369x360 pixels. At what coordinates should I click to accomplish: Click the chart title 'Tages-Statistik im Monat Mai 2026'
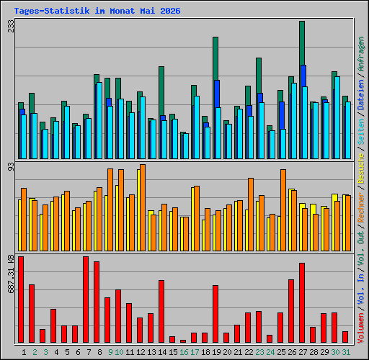[x=97, y=11]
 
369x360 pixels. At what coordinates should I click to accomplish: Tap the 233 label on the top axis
[x=11, y=26]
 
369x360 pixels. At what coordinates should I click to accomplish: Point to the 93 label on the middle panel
[x=11, y=167]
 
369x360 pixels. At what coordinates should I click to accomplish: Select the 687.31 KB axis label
[x=11, y=274]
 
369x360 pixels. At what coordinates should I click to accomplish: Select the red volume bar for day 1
[x=21, y=300]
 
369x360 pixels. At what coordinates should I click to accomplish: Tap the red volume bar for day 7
[x=86, y=300]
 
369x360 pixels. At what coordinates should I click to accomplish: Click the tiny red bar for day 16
[x=183, y=341]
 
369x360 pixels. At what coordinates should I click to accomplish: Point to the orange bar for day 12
[x=143, y=208]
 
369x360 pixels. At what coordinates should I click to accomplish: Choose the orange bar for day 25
[x=283, y=210]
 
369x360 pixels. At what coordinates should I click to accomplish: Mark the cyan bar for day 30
[x=337, y=117]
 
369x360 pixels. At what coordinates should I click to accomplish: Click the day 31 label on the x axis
[x=346, y=352]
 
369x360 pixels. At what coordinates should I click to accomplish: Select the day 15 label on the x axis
[x=173, y=352]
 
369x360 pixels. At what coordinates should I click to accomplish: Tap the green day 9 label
[x=110, y=352]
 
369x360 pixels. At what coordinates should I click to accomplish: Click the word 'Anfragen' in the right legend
[x=361, y=54]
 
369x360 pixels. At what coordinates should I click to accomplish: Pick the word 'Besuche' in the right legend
[x=361, y=168]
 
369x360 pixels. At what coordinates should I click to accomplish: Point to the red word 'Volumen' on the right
[x=361, y=328]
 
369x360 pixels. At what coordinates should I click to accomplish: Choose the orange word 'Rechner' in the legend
[x=361, y=207]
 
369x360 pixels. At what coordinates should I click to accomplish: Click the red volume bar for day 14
[x=161, y=311]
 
